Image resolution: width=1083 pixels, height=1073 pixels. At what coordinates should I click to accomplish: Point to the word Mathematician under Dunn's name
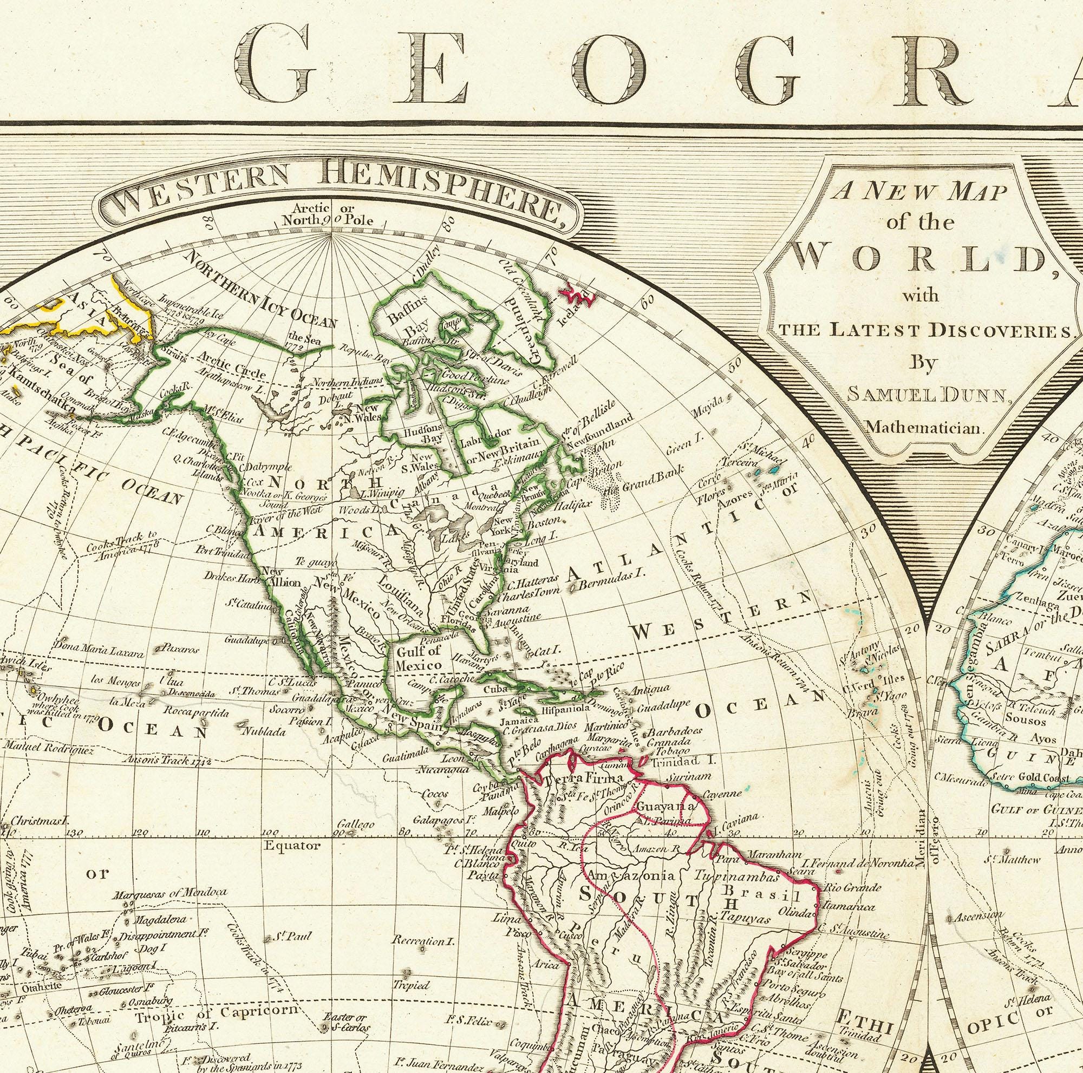(x=925, y=428)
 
